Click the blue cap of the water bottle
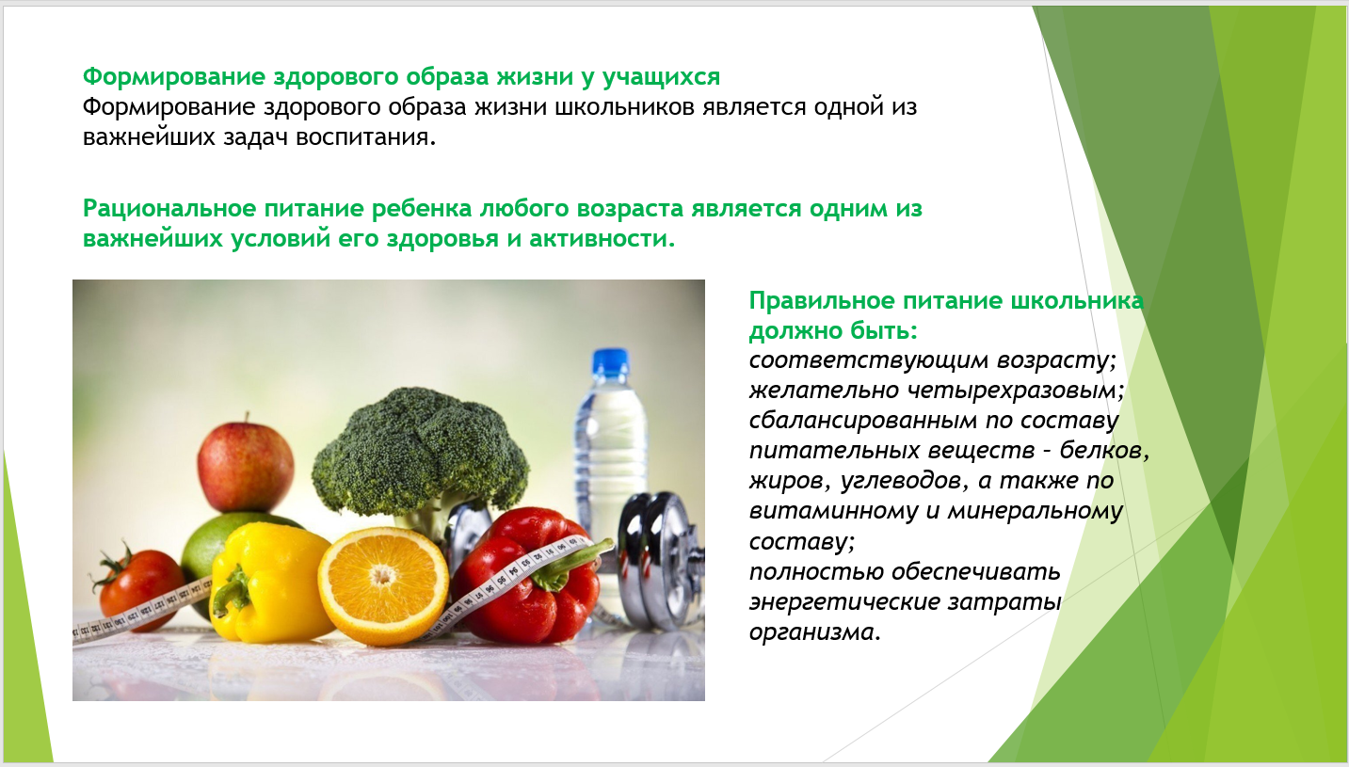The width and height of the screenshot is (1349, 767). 610,364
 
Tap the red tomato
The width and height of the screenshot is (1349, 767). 139,587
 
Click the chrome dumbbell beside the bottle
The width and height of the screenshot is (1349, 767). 660,560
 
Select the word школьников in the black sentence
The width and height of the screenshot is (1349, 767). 624,107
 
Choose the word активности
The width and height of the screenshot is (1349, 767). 602,238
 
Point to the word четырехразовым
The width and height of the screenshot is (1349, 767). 1015,391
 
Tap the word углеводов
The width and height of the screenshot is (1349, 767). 905,481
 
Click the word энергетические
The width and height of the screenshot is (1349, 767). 844,601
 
